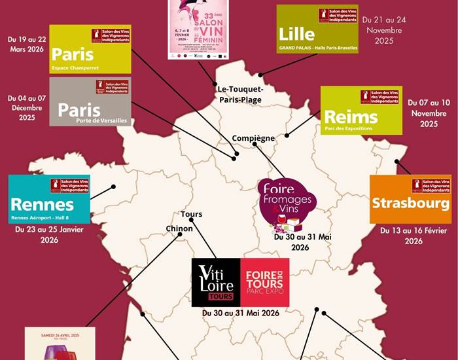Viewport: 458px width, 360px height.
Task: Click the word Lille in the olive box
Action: (x=296, y=33)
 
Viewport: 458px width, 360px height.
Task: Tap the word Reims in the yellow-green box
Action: (x=351, y=117)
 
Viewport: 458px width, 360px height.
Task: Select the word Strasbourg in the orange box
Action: (x=410, y=202)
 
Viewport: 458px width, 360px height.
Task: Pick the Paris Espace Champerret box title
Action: (x=73, y=54)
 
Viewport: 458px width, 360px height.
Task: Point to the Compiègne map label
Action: (x=253, y=138)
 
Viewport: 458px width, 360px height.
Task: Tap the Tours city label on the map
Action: (x=191, y=214)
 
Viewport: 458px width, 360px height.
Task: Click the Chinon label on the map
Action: (x=180, y=228)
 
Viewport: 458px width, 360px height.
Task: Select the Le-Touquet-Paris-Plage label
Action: (x=240, y=94)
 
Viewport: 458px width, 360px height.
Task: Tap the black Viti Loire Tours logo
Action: (x=215, y=282)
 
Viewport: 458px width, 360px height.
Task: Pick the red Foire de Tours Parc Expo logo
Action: (x=264, y=282)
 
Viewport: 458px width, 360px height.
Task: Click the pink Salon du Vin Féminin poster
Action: (x=198, y=29)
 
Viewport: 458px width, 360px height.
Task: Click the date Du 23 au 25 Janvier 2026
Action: (x=50, y=235)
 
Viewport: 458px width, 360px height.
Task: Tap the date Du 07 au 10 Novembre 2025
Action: (x=429, y=113)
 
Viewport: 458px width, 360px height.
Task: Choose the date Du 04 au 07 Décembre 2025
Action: (x=27, y=108)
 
